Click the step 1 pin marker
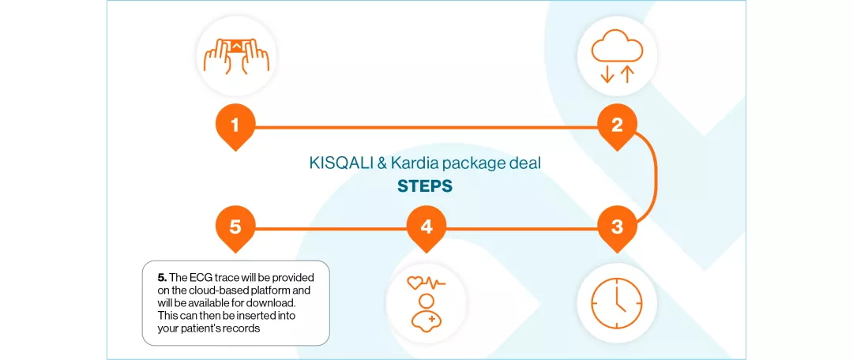(x=235, y=126)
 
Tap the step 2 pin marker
(x=617, y=126)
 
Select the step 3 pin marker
(x=617, y=227)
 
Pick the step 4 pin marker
(x=426, y=227)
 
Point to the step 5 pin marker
(x=235, y=227)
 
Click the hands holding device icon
(x=235, y=56)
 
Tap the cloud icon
(x=617, y=47)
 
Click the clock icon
(x=617, y=304)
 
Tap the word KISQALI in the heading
(x=336, y=164)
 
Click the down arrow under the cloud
(x=607, y=74)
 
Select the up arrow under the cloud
(x=627, y=74)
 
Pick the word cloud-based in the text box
(x=220, y=291)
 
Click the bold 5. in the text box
(x=162, y=278)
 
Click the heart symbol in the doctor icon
(x=415, y=283)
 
